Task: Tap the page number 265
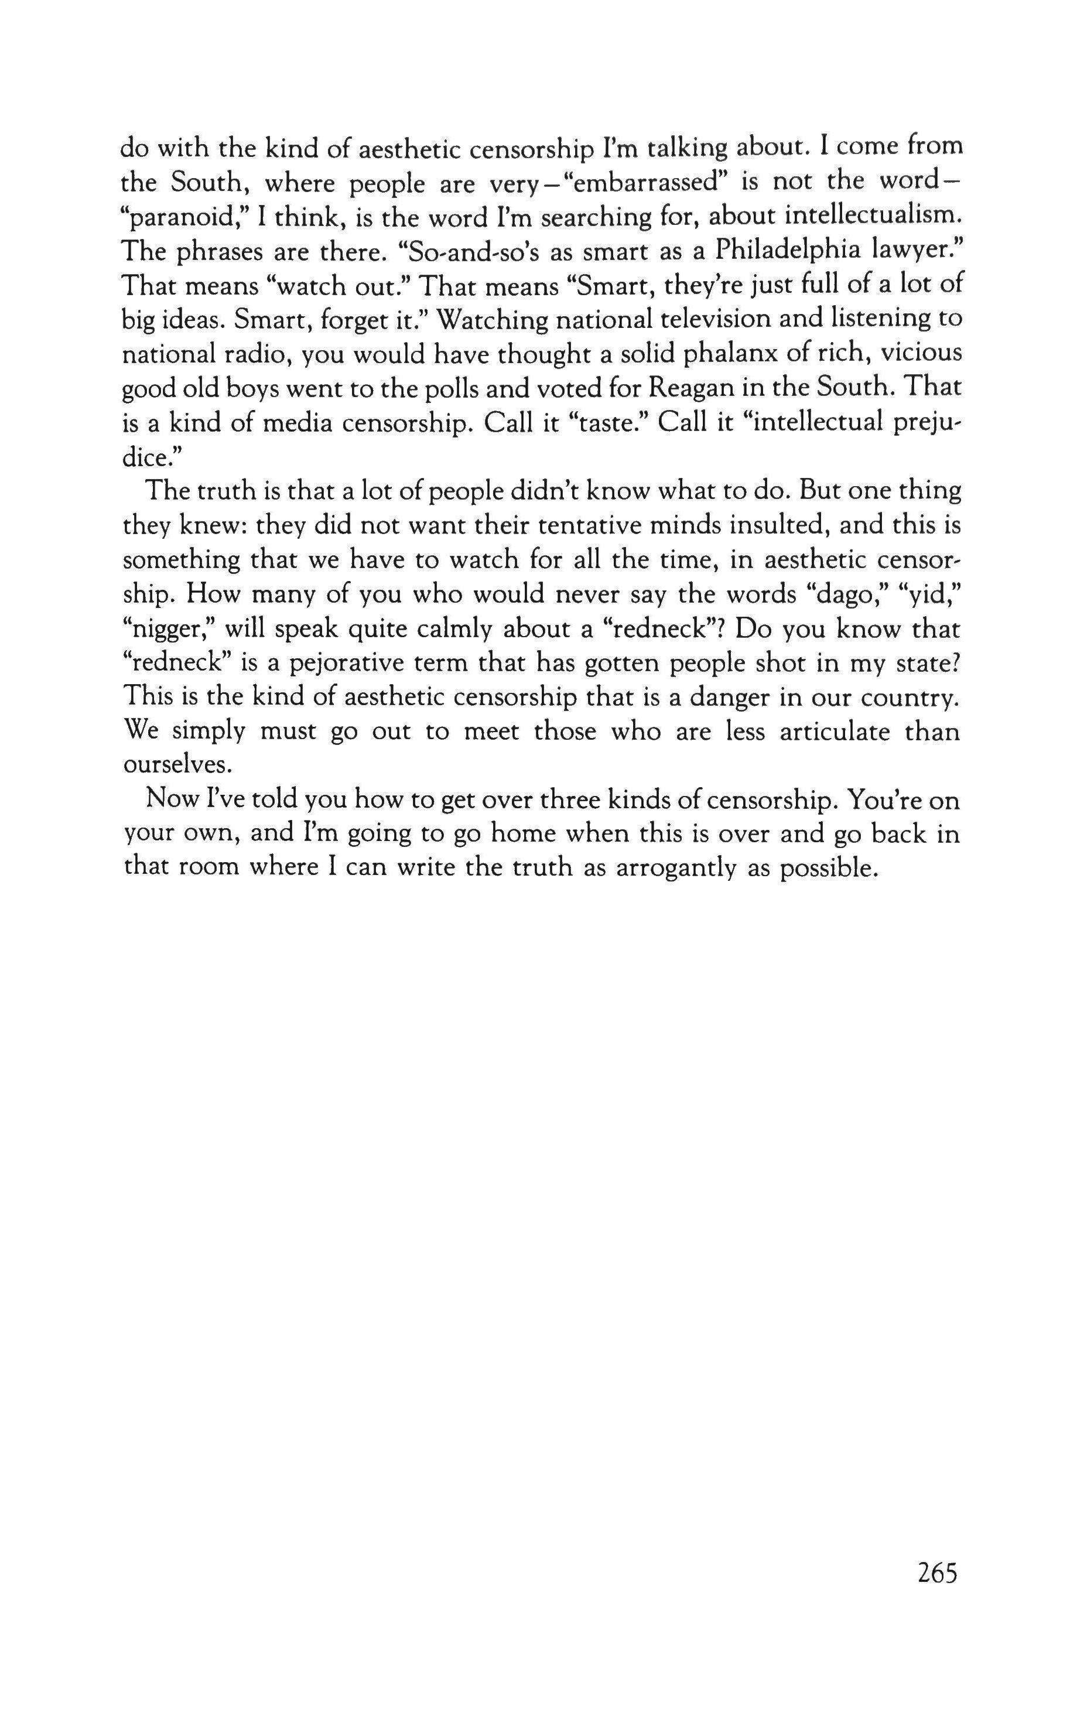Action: click(938, 1571)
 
